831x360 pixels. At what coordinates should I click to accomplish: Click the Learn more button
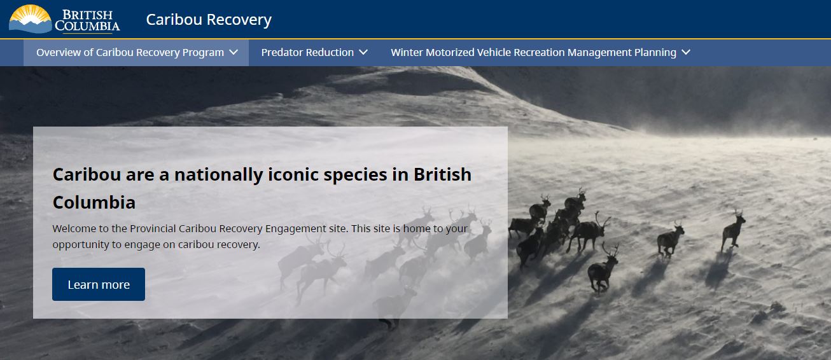tap(99, 284)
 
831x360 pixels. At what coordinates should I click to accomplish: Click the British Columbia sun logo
tap(31, 18)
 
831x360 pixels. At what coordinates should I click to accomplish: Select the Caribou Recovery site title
tap(209, 19)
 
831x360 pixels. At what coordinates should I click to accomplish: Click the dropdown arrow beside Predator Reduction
tap(363, 52)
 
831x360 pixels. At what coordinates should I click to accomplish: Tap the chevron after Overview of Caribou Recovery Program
tap(234, 52)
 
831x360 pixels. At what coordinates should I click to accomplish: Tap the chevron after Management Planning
tap(686, 52)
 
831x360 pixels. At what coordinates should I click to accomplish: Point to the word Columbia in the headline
tap(94, 202)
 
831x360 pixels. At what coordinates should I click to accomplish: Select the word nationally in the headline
tap(218, 175)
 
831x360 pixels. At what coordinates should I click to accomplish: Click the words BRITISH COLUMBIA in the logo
tap(88, 20)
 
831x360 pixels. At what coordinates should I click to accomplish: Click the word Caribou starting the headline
tap(87, 174)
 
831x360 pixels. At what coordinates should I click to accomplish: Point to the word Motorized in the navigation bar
tap(450, 52)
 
